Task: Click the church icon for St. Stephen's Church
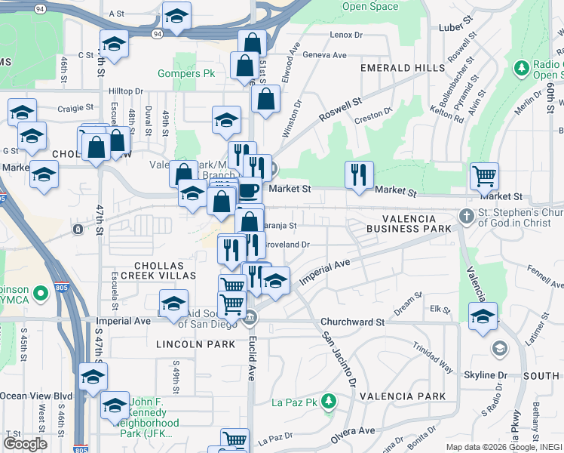tap(467, 217)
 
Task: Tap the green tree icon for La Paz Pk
tap(328, 401)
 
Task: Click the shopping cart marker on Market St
tap(484, 177)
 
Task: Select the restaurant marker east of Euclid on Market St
tap(359, 175)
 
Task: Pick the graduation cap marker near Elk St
tap(483, 317)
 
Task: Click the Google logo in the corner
tap(25, 444)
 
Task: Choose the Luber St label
tap(455, 28)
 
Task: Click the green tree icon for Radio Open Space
tap(521, 69)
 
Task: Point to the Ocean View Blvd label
tap(35, 396)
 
